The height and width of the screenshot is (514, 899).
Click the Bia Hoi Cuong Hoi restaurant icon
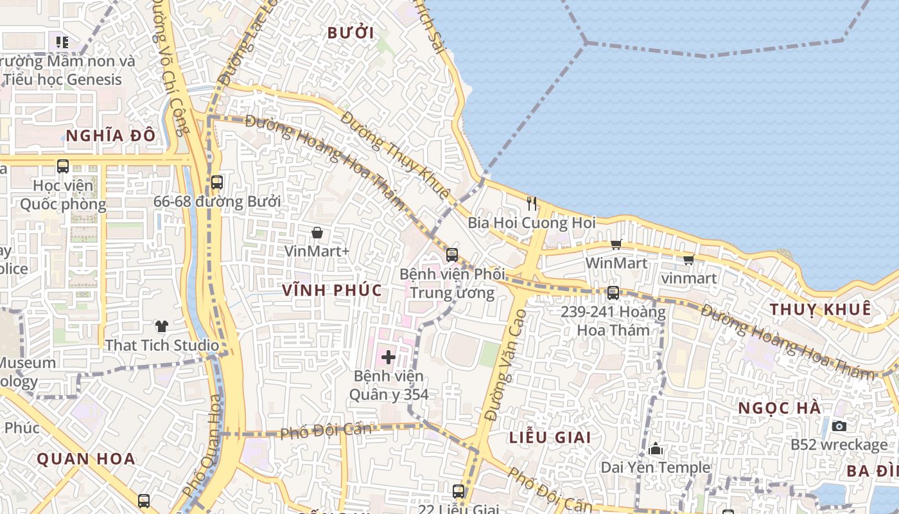point(532,204)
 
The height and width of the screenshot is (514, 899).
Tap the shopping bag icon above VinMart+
point(317,233)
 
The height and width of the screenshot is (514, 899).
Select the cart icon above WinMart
point(616,244)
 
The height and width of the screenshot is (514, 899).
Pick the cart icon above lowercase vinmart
point(689,260)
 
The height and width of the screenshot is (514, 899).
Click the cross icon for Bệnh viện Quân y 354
point(388,357)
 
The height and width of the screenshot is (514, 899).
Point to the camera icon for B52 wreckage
point(839,426)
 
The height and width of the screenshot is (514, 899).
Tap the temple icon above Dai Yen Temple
point(656,448)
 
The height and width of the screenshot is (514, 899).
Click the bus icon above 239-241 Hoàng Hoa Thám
point(613,293)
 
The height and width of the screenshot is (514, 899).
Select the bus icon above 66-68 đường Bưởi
point(217,182)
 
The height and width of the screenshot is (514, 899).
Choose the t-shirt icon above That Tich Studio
point(161,326)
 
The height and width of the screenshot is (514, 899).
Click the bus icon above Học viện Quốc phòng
point(63,166)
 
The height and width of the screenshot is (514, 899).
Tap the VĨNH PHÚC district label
point(332,290)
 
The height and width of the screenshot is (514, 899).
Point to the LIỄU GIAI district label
point(550,438)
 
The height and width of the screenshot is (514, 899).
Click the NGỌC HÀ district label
point(779,409)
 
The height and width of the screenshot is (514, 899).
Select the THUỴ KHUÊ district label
point(820,309)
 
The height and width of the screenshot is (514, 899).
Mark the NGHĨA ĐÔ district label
point(111,136)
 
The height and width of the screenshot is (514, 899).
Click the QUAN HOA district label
point(86,459)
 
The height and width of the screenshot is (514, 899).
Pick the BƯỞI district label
point(351,33)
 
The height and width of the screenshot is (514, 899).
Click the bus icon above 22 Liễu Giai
point(458,492)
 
